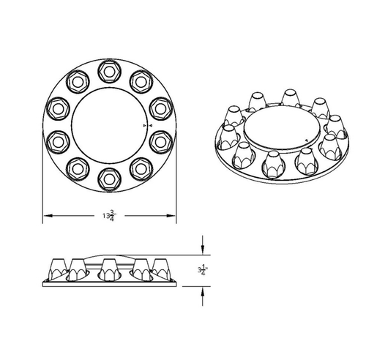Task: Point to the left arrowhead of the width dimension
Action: pyautogui.click(x=46, y=215)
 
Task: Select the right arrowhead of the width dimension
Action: pyautogui.click(x=173, y=215)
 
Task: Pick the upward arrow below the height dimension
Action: pyautogui.click(x=203, y=290)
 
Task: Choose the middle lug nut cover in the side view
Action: pyautogui.click(x=110, y=269)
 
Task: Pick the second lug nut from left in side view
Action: pyautogui.click(x=81, y=269)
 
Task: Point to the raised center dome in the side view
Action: pyautogui.click(x=110, y=252)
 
